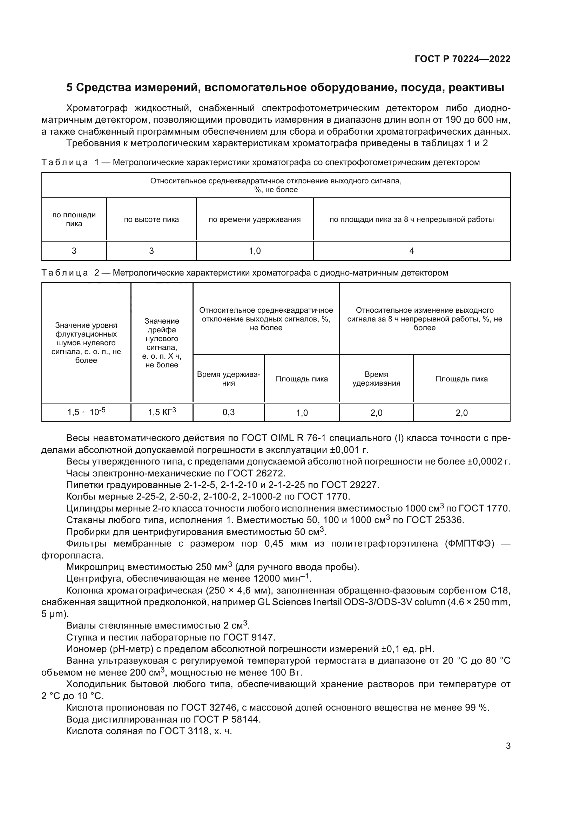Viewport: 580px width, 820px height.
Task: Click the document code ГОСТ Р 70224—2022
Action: point(462,59)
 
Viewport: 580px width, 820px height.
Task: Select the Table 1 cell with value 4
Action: point(411,251)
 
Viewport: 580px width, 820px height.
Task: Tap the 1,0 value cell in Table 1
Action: point(255,251)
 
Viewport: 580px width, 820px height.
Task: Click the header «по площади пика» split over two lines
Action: point(74,219)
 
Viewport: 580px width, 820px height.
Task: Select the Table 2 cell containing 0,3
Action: point(229,413)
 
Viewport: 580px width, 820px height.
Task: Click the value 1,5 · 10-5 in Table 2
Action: point(86,413)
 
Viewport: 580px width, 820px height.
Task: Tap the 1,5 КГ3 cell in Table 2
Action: point(162,413)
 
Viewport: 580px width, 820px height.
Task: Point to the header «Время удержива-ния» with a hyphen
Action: point(229,379)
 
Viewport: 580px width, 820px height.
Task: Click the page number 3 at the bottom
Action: point(508,746)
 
